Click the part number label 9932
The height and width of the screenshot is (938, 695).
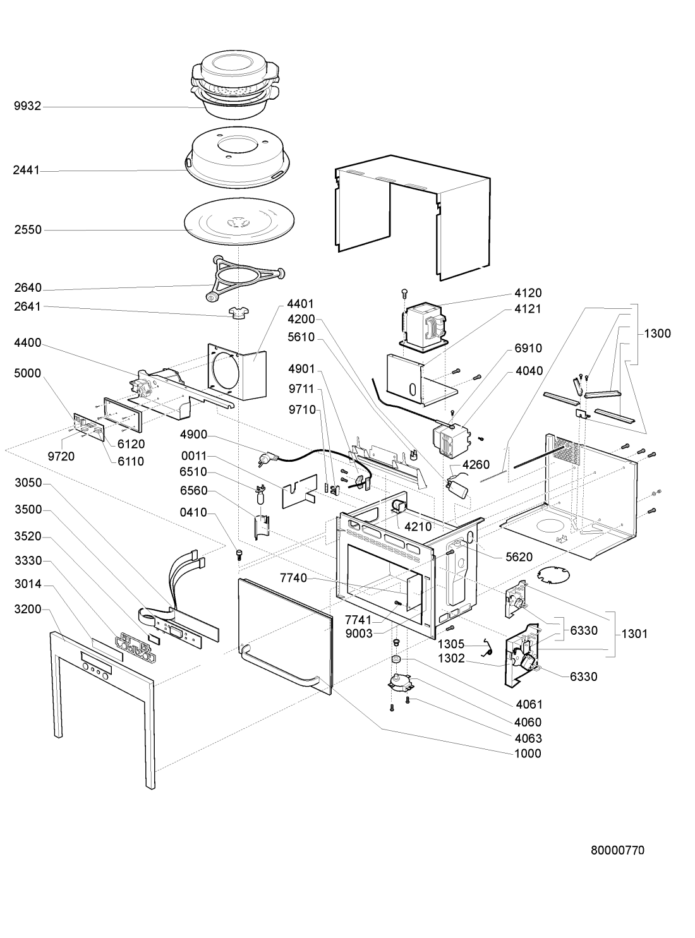[x=28, y=106]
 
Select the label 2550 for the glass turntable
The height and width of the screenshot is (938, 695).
[x=28, y=230]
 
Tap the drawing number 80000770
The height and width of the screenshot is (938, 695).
[x=617, y=850]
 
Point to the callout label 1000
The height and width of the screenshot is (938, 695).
[x=528, y=754]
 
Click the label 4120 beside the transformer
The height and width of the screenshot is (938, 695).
[x=528, y=293]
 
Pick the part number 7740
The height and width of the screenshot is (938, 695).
[x=293, y=578]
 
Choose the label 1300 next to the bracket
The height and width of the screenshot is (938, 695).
[x=658, y=334]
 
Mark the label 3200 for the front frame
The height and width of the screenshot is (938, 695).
[x=28, y=610]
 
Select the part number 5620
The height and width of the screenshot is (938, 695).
[x=519, y=557]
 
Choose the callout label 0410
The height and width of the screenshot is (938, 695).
[x=193, y=512]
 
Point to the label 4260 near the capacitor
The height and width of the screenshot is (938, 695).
[x=476, y=466]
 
